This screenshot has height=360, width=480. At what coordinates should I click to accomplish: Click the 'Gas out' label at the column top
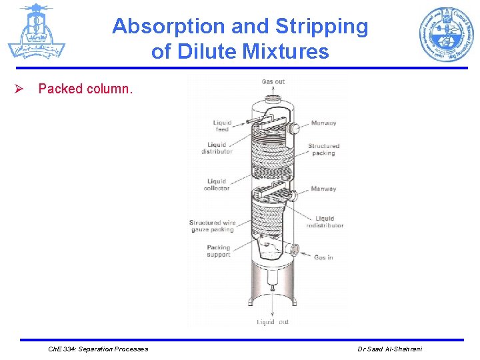[x=273, y=82]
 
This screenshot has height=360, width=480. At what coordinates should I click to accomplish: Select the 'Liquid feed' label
[x=222, y=126]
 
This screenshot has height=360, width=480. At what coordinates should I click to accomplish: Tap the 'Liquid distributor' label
[x=217, y=148]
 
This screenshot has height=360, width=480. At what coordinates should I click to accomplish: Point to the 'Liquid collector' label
[x=217, y=185]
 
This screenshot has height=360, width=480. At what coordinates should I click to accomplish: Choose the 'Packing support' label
[x=218, y=251]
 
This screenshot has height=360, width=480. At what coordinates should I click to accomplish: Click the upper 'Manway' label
[x=323, y=123]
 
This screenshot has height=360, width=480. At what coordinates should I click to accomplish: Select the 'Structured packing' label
[x=323, y=149]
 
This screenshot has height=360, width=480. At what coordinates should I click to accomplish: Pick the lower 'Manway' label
[x=323, y=189]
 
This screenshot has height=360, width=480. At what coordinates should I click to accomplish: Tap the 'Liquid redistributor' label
[x=325, y=222]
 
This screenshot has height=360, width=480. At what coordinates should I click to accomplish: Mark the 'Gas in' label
[x=323, y=257]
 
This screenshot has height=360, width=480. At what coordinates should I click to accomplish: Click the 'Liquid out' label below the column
[x=273, y=323]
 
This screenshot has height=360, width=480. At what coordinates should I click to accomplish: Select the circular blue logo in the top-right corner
[x=446, y=34]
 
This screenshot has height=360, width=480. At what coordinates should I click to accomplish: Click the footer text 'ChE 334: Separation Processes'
[x=99, y=349]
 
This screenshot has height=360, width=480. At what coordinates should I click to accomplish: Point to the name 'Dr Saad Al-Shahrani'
[x=389, y=349]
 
